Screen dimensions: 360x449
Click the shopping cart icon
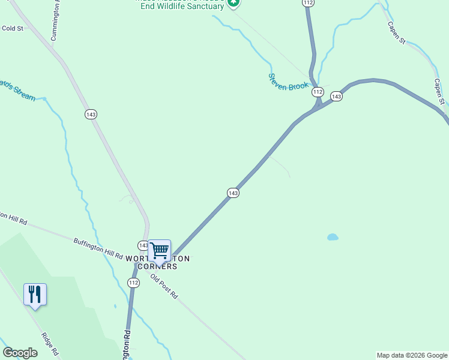coord(159,250)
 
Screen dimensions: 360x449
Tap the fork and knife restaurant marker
coord(35,294)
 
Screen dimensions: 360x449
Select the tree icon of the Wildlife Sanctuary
coord(234,3)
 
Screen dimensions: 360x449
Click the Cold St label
coord(12,28)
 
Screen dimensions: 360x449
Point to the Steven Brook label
coord(288,82)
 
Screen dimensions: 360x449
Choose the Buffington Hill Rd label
coord(98,248)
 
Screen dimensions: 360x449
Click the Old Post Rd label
coord(164,287)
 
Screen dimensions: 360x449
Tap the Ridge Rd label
coord(50,343)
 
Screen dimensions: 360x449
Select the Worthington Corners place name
coord(158,262)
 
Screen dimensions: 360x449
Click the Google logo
coord(20,353)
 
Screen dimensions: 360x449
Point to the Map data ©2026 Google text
coord(412,355)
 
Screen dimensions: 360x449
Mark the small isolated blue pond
coord(333,237)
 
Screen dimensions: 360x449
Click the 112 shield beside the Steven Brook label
coord(318,92)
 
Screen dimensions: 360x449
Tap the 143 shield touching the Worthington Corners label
coord(143,245)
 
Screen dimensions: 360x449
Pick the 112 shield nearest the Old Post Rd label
coord(133,282)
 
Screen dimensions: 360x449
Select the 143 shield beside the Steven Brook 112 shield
coord(336,97)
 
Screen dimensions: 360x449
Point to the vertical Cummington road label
coord(55,21)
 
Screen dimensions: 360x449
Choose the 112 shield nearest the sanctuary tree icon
coord(308,3)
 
